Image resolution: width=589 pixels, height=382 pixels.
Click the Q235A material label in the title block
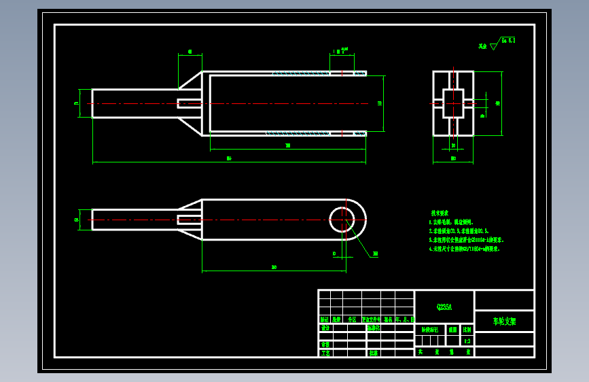click(x=444, y=307)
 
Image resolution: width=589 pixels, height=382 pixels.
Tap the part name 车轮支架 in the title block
click(x=504, y=322)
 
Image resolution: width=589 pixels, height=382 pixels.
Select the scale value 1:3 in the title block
click(x=467, y=341)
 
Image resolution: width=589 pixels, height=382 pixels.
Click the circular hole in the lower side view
click(x=342, y=220)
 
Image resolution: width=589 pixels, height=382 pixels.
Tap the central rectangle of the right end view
click(x=453, y=103)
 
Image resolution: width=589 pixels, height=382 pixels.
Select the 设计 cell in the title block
click(x=325, y=328)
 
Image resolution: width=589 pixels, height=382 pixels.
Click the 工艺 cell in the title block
click(x=325, y=353)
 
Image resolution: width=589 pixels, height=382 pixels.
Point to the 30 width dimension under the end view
click(x=453, y=159)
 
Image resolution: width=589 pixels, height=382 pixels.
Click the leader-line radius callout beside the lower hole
click(x=375, y=254)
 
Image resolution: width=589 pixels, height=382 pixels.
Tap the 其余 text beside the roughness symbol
click(x=483, y=47)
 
